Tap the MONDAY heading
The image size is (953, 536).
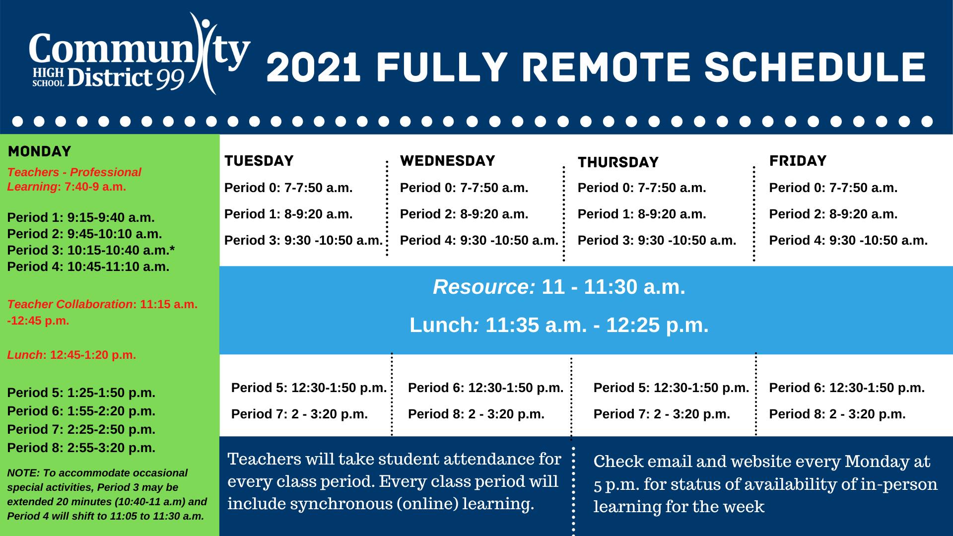[40, 151]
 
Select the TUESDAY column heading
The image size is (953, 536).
[259, 161]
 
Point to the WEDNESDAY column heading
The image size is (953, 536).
[448, 161]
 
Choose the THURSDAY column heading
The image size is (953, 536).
[618, 162]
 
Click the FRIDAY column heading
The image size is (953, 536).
[798, 161]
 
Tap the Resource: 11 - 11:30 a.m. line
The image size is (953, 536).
[559, 287]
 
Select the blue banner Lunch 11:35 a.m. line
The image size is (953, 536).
[559, 325]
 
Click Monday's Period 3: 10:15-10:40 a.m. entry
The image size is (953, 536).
[91, 250]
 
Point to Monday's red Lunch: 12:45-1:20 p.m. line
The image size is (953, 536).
[71, 355]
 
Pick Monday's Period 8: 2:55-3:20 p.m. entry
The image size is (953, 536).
[81, 448]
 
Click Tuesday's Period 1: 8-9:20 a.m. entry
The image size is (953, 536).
[288, 214]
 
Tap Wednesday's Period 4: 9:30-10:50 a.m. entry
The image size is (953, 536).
[479, 240]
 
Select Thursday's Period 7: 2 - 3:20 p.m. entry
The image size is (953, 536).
[662, 414]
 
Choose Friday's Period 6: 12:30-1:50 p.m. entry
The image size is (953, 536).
[847, 388]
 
